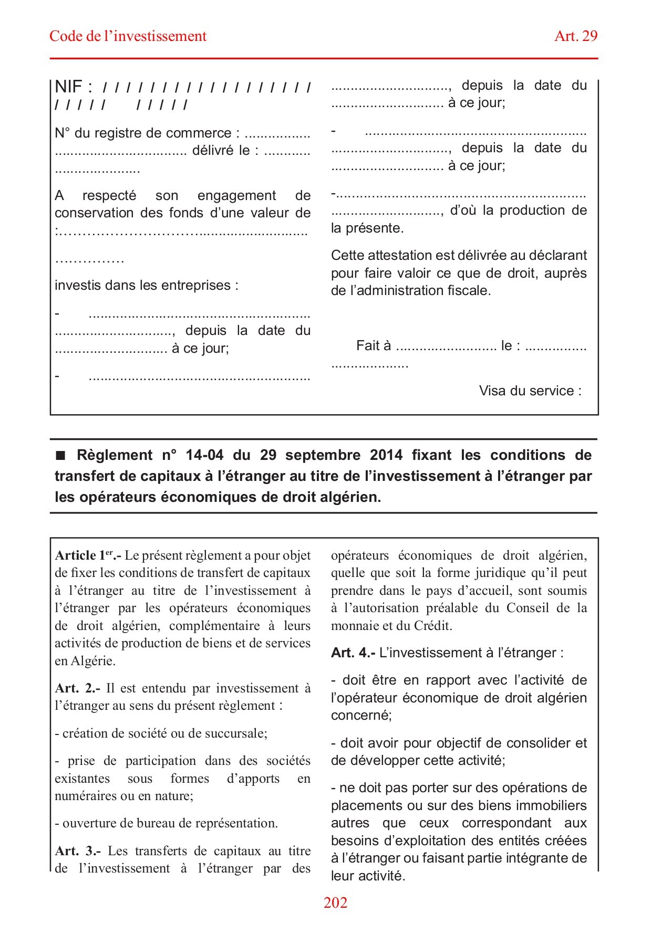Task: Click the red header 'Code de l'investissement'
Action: [x=128, y=36]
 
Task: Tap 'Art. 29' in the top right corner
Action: [x=576, y=36]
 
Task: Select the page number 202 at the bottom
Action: [x=335, y=902]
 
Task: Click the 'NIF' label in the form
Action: [x=68, y=87]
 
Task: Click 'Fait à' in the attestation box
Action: [x=374, y=345]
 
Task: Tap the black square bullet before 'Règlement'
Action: [x=61, y=455]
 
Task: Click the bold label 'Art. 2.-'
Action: [x=77, y=688]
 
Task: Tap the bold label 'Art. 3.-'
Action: [x=78, y=851]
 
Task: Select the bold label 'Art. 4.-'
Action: [x=353, y=653]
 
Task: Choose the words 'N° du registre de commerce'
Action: [x=143, y=133]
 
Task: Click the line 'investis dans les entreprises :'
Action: [x=147, y=286]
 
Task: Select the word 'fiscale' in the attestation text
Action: [x=468, y=291]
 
